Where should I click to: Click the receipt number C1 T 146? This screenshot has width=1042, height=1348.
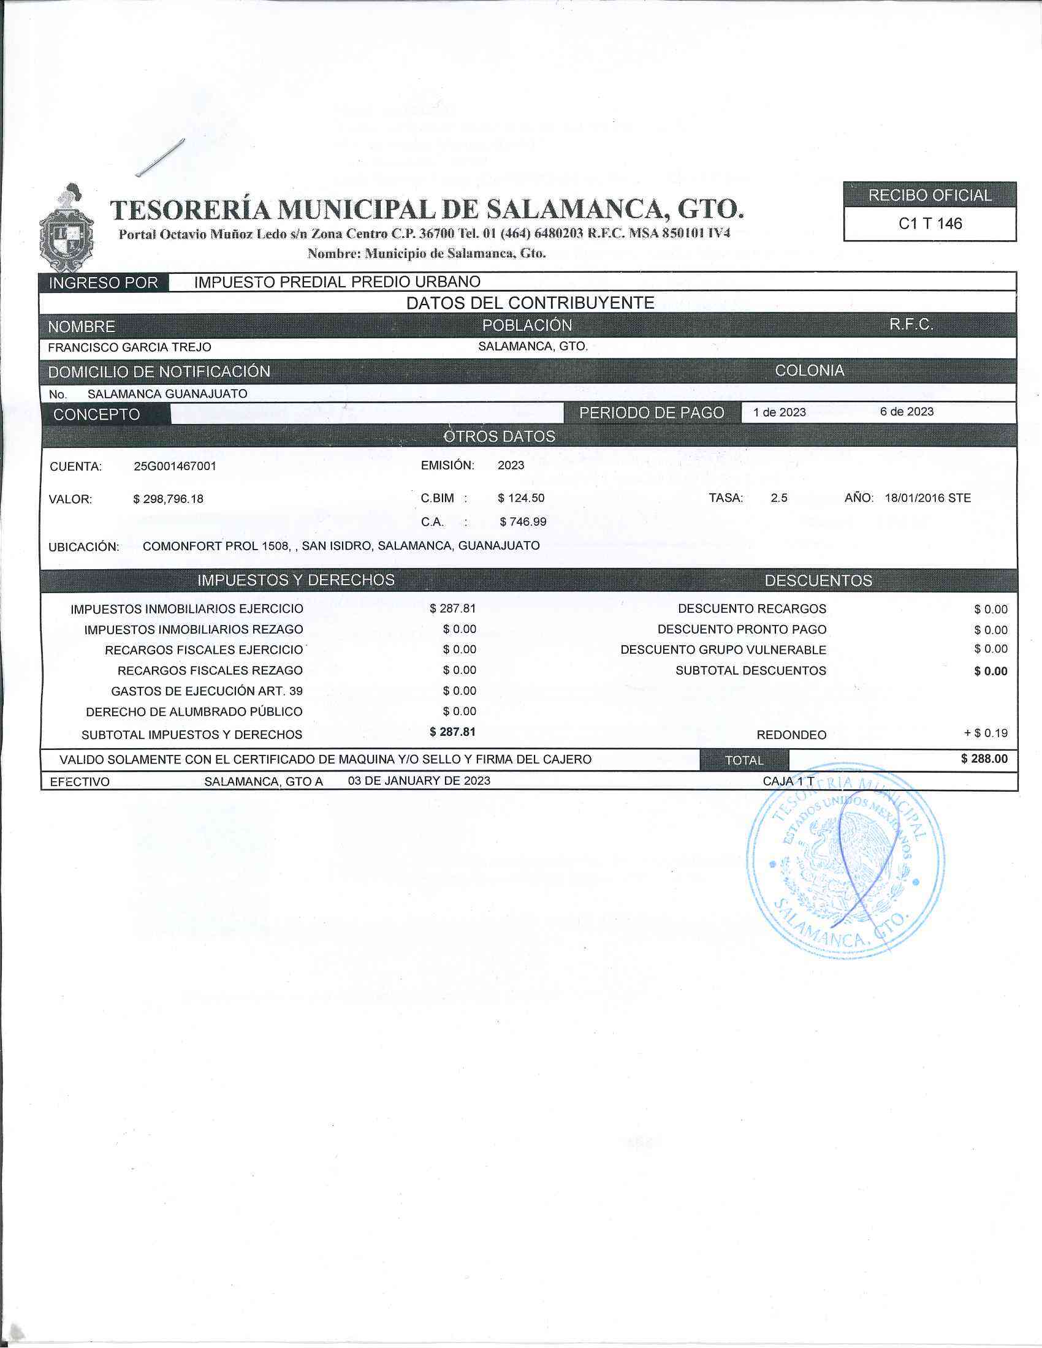coord(930,224)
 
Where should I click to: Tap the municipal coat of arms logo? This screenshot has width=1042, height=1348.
coord(66,229)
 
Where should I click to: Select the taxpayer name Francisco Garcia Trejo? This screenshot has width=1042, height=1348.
coord(129,347)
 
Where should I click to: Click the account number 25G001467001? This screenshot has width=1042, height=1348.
coord(175,466)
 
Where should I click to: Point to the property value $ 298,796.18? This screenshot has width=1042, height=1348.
coord(168,499)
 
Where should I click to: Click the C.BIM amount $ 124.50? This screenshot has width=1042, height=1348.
coord(521,498)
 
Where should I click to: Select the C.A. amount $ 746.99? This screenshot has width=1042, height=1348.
coord(523,521)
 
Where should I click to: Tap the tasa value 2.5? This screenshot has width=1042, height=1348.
coord(779,498)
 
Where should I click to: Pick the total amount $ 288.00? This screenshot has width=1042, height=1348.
coord(984,759)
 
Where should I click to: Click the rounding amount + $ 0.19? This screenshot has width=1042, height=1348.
coord(986,733)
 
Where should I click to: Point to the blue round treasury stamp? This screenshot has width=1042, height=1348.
coord(845,861)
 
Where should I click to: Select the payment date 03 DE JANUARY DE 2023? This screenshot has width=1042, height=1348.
coord(419,781)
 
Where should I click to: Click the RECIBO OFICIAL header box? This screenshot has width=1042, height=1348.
coord(930,195)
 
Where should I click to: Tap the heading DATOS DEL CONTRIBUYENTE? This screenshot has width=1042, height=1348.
coord(530,303)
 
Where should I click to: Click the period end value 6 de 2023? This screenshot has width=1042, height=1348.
coord(907,412)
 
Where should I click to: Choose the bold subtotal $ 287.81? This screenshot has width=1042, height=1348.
coord(452,732)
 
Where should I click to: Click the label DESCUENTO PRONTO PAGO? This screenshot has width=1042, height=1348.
coord(742,629)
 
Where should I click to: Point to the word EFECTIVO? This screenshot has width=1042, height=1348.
coord(80,782)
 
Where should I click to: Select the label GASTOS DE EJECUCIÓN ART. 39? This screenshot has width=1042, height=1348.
coord(207,691)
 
